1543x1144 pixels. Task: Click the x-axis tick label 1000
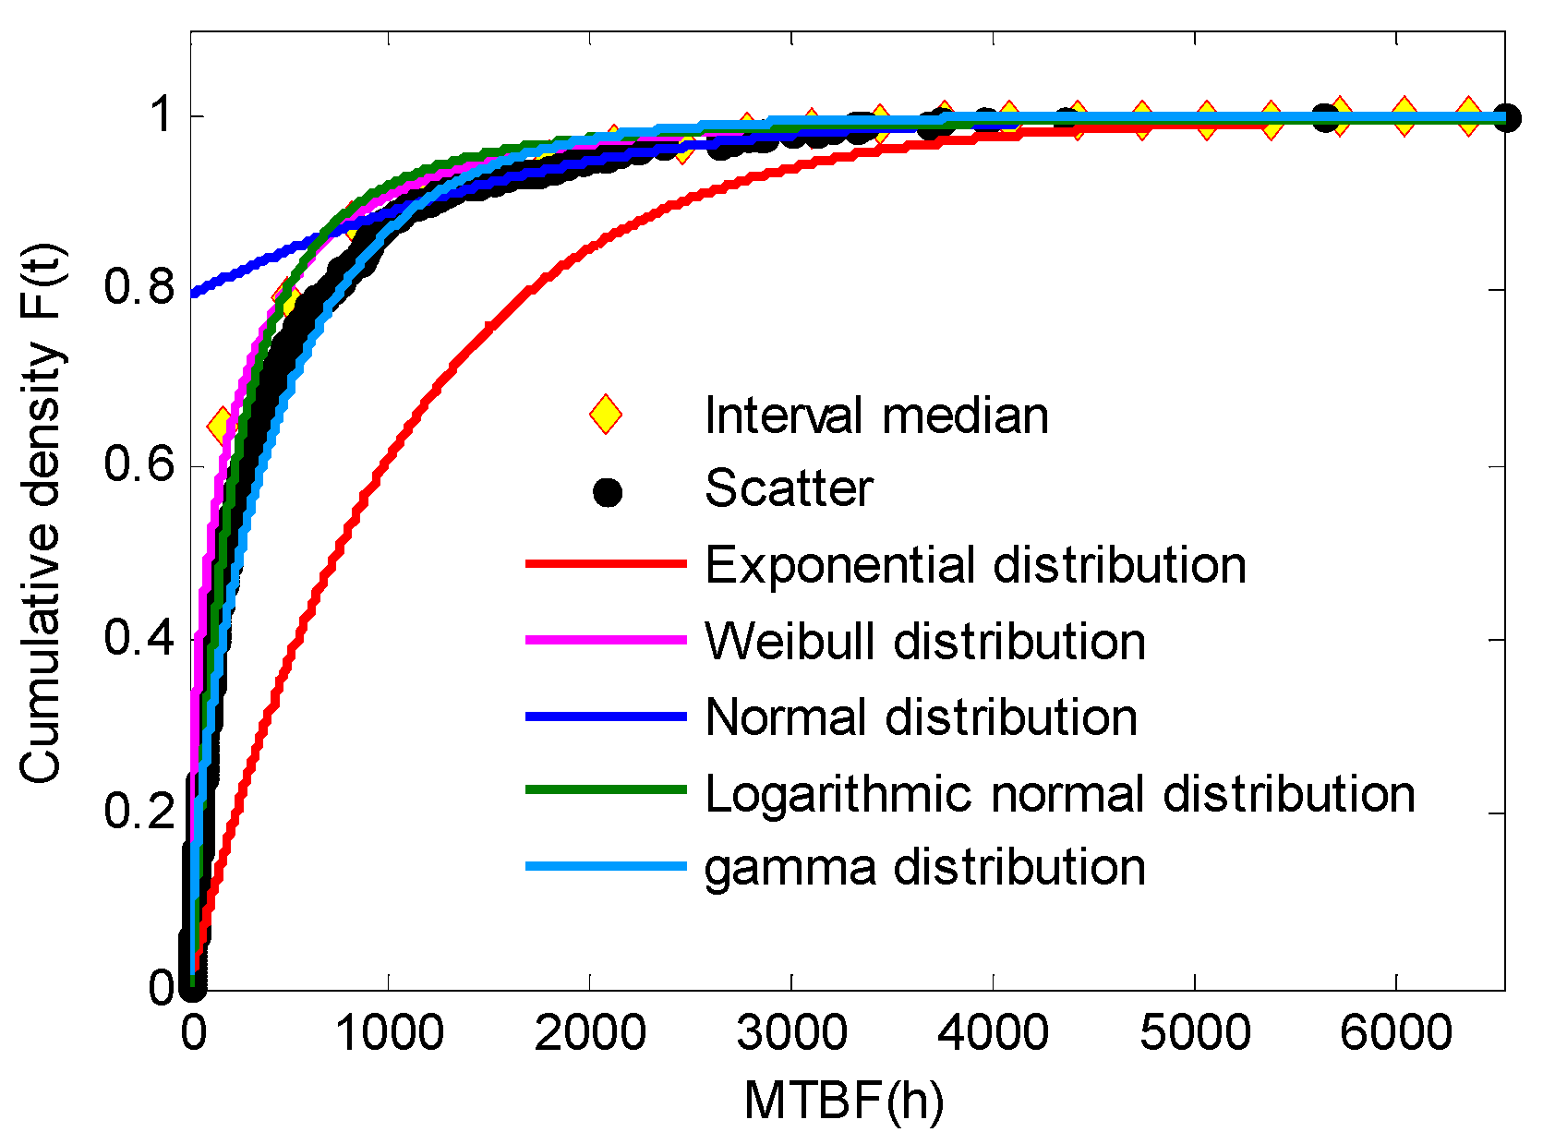389,1032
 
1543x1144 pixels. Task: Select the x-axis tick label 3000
791,1032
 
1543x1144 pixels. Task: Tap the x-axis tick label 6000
1395,1032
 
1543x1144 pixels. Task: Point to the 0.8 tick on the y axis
139,288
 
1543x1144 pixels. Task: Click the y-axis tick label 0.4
139,638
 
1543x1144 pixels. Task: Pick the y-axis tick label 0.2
139,812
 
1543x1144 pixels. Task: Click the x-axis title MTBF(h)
843,1101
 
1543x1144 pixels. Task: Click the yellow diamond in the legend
606,415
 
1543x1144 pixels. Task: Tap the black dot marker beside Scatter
607,491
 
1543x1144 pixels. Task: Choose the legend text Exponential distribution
975,564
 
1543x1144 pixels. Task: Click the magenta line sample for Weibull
606,639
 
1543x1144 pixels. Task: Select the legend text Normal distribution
921,717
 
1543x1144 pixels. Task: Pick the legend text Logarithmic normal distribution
1059,793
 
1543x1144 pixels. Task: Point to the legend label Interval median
876,415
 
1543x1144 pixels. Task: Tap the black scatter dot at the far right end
1505,118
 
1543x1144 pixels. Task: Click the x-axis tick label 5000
1194,1032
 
